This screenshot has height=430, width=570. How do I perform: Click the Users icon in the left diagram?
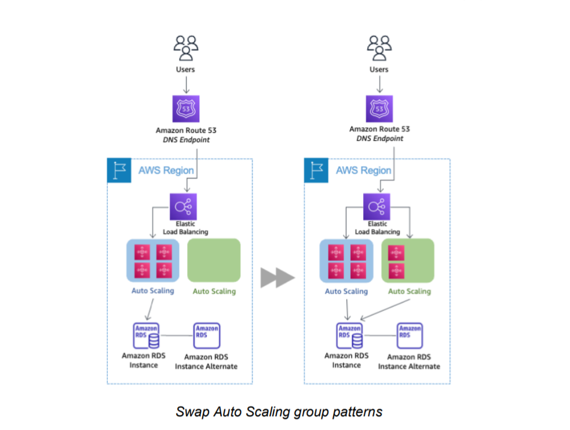point(185,48)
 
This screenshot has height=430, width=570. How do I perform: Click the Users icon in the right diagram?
point(379,48)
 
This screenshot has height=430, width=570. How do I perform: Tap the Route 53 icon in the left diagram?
point(185,108)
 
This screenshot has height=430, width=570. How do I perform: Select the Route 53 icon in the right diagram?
point(379,108)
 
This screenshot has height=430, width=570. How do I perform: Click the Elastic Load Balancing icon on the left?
point(183,206)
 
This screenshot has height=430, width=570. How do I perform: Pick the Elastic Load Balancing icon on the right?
point(377,206)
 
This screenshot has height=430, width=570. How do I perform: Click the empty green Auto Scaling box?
point(214,260)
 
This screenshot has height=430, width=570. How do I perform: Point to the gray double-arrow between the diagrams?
point(277,278)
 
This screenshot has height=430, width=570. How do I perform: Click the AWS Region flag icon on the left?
point(118,171)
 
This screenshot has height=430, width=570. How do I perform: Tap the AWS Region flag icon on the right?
point(316,171)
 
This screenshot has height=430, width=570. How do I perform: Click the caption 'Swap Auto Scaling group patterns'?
point(279,411)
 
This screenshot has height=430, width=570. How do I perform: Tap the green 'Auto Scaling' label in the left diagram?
point(214,291)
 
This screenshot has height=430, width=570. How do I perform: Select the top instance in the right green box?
point(396,253)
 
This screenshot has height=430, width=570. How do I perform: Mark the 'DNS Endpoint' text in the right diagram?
point(379,139)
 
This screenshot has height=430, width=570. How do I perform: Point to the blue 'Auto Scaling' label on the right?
point(346,291)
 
